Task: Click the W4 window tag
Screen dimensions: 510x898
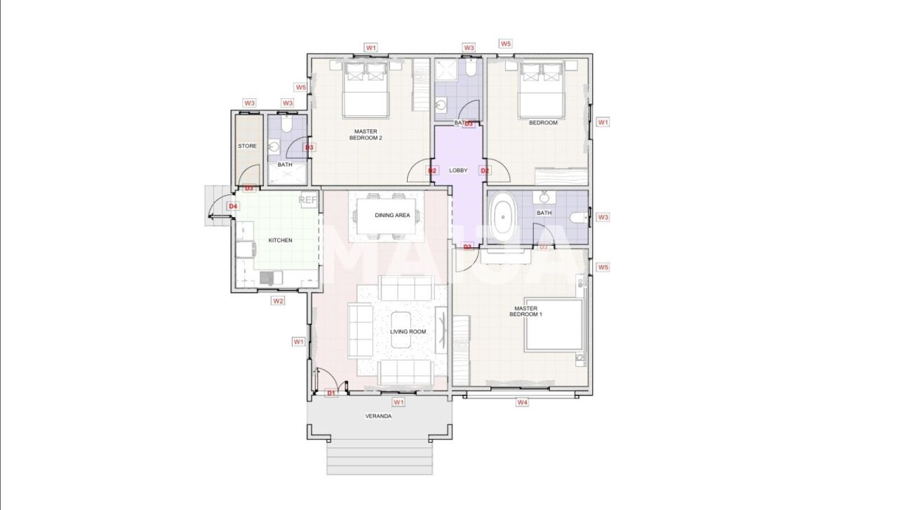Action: coord(522,403)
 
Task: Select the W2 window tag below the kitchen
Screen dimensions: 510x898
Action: coord(279,301)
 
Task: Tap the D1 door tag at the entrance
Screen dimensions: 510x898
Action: coord(331,393)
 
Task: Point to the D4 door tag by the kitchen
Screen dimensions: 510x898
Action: coord(233,207)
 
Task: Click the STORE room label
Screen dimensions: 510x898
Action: coord(247,146)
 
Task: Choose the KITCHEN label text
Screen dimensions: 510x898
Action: coord(280,240)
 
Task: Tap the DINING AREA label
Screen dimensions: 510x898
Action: coord(392,216)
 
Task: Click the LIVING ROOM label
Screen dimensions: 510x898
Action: coord(408,332)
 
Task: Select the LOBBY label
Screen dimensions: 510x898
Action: coord(458,171)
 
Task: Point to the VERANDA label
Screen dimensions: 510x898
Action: coord(378,416)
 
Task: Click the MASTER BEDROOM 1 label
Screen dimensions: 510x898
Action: coord(525,311)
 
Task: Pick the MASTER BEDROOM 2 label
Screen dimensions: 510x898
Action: coord(366,134)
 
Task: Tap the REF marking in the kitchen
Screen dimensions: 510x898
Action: coord(308,200)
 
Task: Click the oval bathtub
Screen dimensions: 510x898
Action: coord(502,218)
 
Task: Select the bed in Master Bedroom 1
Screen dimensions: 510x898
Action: coord(554,325)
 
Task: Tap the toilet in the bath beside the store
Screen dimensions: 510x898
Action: coord(286,126)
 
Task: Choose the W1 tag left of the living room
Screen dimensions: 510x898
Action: coord(299,341)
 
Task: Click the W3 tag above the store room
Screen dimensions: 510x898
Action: coord(249,103)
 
